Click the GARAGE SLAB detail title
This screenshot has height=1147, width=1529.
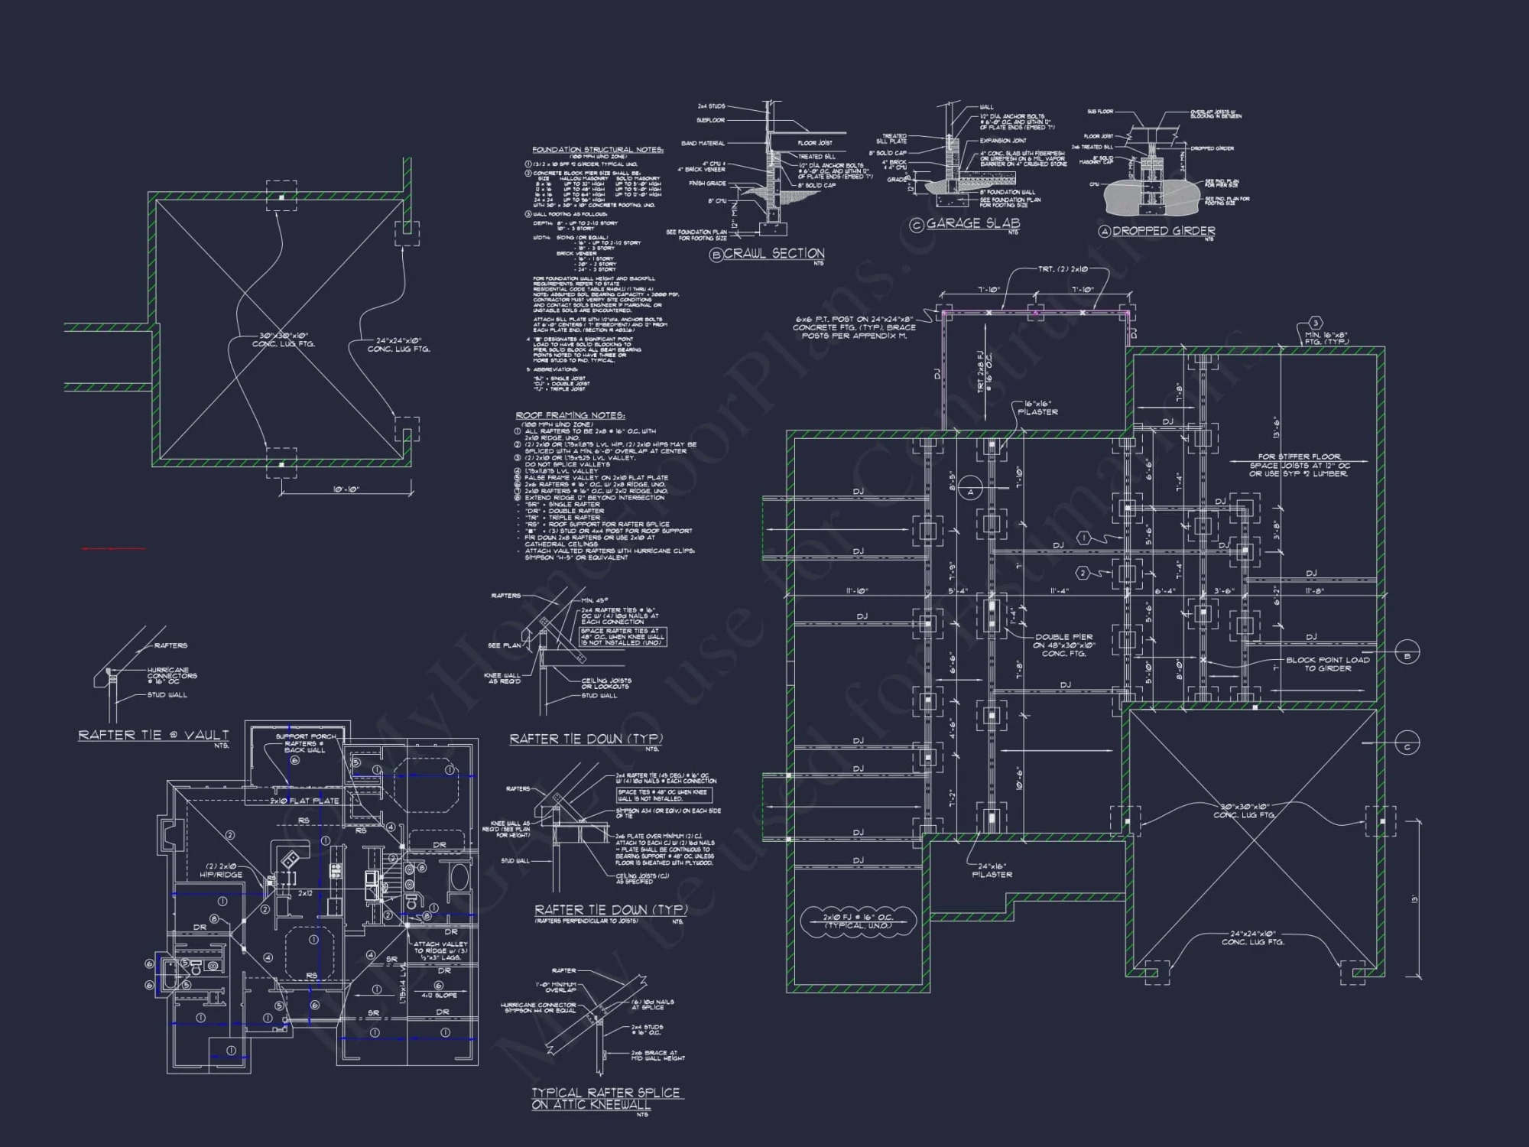pyautogui.click(x=972, y=223)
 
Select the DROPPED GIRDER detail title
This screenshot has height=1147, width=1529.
pyautogui.click(x=1163, y=231)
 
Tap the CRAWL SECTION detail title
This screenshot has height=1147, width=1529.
pyautogui.click(x=773, y=253)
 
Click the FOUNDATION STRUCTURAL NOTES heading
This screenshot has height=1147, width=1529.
pyautogui.click(x=598, y=150)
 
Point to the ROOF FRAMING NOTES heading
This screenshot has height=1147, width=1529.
pyautogui.click(x=570, y=415)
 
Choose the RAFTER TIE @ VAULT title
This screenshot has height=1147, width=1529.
pyautogui.click(x=153, y=735)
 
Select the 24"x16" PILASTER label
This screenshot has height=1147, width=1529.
pyautogui.click(x=992, y=870)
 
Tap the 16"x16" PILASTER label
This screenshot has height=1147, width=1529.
pyautogui.click(x=1037, y=408)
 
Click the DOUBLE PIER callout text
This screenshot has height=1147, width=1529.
pyautogui.click(x=1063, y=645)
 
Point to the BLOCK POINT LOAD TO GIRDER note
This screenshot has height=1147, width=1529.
pyautogui.click(x=1327, y=664)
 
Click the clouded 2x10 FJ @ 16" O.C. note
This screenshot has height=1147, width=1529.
pyautogui.click(x=857, y=921)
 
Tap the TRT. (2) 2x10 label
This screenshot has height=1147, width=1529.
pyautogui.click(x=1062, y=269)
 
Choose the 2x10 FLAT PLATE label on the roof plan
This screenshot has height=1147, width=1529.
pyautogui.click(x=304, y=801)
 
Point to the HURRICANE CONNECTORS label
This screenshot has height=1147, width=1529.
pyautogui.click(x=172, y=673)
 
